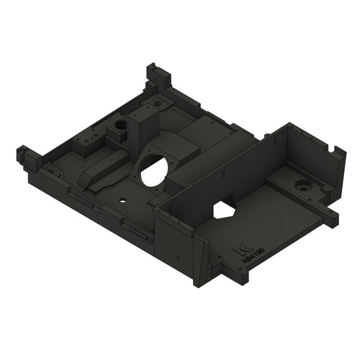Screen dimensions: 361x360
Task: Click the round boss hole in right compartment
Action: [x=302, y=186]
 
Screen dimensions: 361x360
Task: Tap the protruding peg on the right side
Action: [x=332, y=216]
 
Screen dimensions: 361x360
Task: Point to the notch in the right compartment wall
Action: [x=333, y=151]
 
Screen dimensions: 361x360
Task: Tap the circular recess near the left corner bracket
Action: [x=52, y=174]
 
